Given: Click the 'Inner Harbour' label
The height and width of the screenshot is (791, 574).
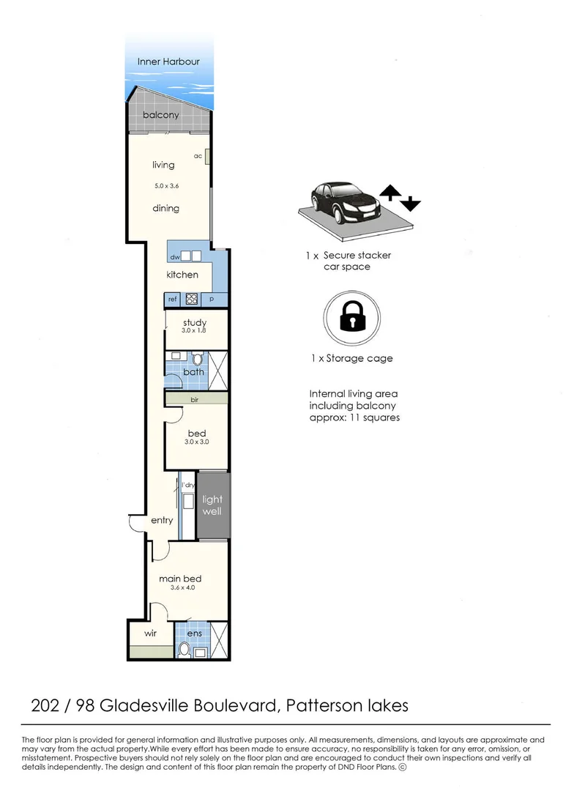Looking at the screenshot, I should [168, 62].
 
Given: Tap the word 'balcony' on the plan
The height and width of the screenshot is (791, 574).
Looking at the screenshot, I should [160, 115].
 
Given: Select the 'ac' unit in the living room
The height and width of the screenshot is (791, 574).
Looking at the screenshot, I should [209, 157].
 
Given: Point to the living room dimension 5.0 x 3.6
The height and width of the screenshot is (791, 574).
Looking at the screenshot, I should [166, 186].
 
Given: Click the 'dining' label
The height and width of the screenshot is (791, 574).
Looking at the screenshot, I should [165, 208].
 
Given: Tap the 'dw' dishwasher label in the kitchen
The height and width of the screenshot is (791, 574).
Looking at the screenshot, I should [175, 257].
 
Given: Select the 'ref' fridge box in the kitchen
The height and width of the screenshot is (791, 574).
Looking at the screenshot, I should [173, 299].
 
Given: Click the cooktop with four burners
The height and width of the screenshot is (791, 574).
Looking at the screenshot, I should [192, 299].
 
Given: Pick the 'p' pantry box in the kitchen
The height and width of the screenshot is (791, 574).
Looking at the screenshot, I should [212, 299].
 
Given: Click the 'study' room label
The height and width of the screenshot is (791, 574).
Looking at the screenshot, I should [195, 322].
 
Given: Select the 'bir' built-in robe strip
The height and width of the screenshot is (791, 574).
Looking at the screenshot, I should [195, 399].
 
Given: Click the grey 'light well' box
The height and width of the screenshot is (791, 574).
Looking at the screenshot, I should [212, 505].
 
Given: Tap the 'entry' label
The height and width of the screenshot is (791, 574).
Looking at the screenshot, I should [162, 520].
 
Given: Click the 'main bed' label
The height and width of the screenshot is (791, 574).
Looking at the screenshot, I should [180, 579].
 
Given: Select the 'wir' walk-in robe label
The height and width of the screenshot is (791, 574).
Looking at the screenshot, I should [150, 633].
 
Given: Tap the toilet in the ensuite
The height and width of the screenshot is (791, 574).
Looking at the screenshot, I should [186, 649].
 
